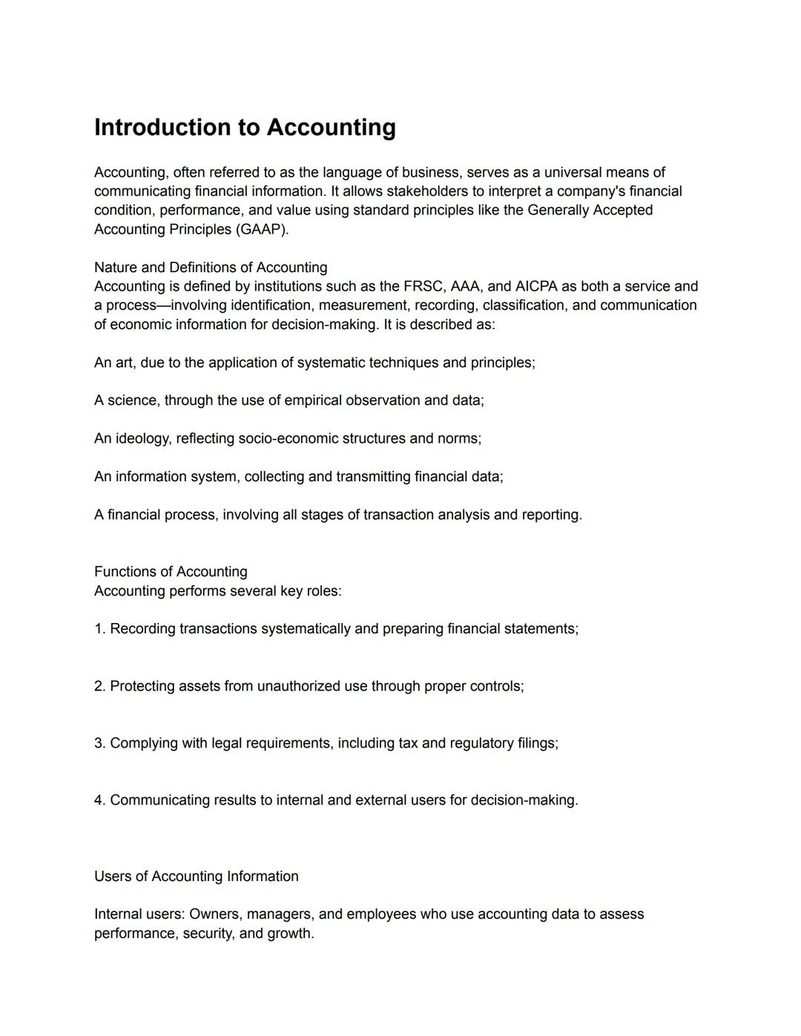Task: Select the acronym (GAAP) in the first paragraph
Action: [x=262, y=229]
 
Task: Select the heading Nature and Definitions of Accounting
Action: [x=211, y=268]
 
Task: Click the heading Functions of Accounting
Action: [x=171, y=572]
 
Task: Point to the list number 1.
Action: [x=99, y=629]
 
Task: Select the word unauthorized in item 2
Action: [x=299, y=686]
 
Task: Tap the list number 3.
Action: [x=99, y=743]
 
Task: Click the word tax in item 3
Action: [x=408, y=743]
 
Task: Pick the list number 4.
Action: [x=99, y=800]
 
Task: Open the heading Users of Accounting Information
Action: [x=197, y=877]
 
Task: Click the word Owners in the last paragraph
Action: [x=214, y=914]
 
